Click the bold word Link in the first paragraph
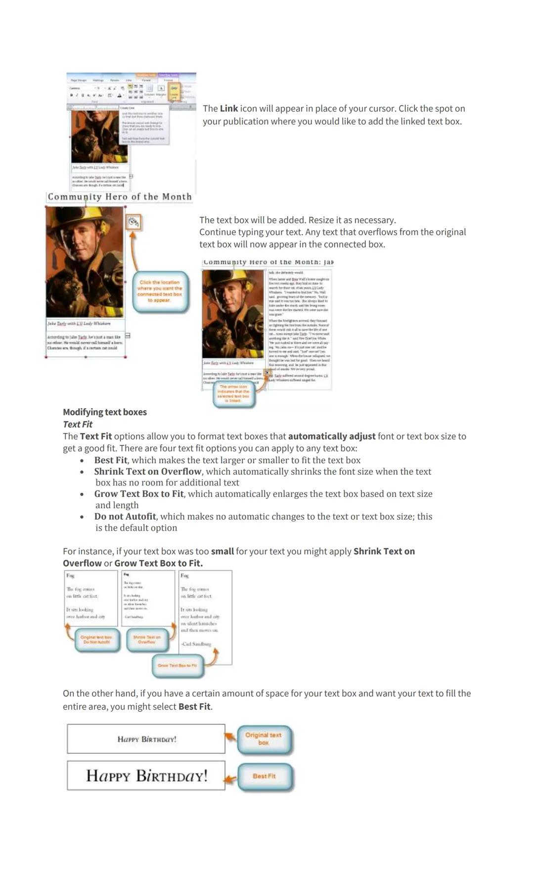229,108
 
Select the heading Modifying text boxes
105,412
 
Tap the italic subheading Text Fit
78,424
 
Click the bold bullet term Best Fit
111,460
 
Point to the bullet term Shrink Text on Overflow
148,471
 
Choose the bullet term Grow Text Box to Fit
139,493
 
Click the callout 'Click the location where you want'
160,292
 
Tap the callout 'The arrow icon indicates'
233,394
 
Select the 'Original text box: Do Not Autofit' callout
96,639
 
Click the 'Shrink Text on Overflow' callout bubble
147,639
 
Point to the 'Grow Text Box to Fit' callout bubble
177,666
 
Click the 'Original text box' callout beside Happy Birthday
264,739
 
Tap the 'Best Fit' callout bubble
264,776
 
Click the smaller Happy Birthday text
147,739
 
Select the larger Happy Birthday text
147,776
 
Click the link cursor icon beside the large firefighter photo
133,222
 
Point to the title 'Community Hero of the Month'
120,197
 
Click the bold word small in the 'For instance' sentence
222,551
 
